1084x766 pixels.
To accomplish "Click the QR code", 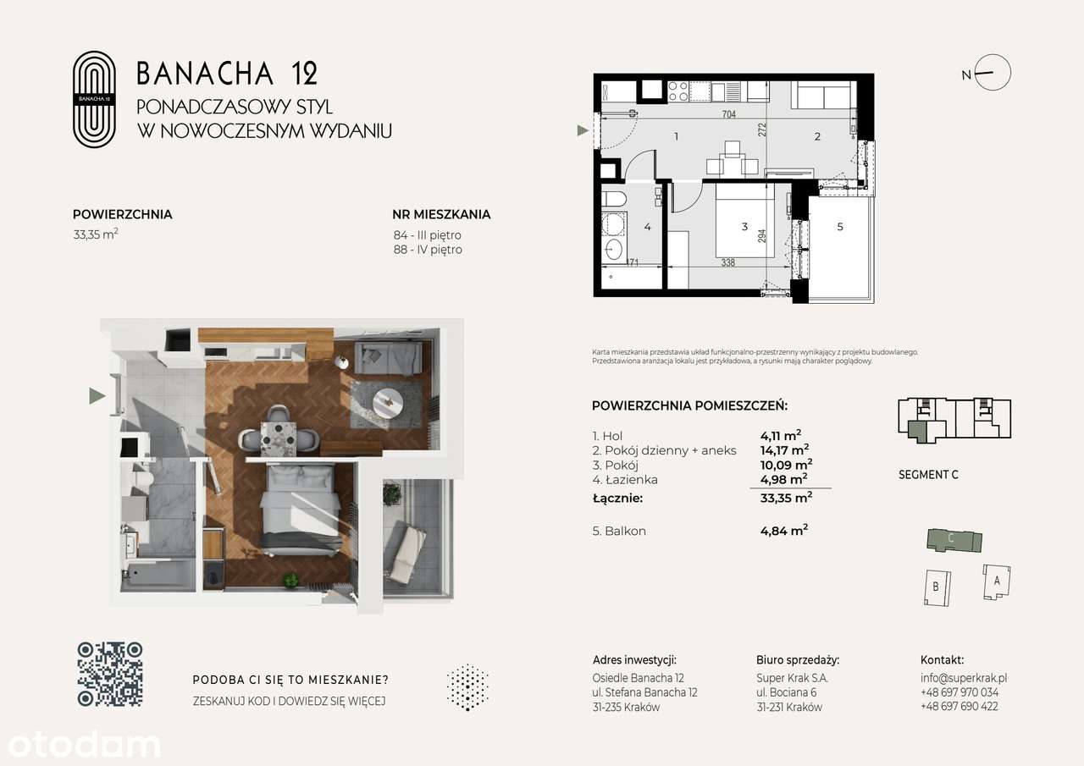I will pyautogui.click(x=110, y=674).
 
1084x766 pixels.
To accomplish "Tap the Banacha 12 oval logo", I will pyautogui.click(x=94, y=99).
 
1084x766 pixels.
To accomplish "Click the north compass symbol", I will pyautogui.click(x=993, y=73).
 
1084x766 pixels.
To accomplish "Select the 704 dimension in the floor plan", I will pyautogui.click(x=727, y=115).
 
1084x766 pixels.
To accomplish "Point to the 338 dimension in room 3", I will pyautogui.click(x=728, y=263).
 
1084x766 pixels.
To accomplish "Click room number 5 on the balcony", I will pyautogui.click(x=839, y=227).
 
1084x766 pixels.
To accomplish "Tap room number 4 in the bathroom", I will pyautogui.click(x=647, y=227).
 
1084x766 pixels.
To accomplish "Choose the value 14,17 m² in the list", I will pyautogui.click(x=784, y=450).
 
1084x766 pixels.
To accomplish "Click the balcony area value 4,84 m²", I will pyautogui.click(x=784, y=532).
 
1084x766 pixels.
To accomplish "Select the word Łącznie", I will pyautogui.click(x=618, y=498).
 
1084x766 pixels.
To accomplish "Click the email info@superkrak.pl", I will pyautogui.click(x=963, y=678).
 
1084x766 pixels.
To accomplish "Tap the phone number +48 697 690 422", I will pyautogui.click(x=959, y=706).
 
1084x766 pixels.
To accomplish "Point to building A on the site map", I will pyautogui.click(x=997, y=581).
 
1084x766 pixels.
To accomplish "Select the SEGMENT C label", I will pyautogui.click(x=928, y=475).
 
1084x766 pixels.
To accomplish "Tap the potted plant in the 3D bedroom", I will pyautogui.click(x=291, y=581).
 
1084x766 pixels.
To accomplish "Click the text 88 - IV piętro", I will pyautogui.click(x=428, y=250).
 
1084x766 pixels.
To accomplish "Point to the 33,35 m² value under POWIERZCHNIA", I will pyautogui.click(x=95, y=235).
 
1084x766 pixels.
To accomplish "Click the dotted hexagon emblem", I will pyautogui.click(x=467, y=686).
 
